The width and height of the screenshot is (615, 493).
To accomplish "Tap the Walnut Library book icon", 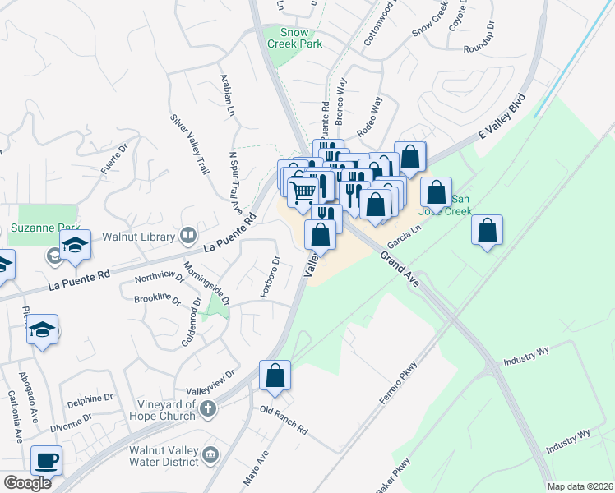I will (188, 237).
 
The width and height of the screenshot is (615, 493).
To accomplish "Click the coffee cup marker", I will (46, 460).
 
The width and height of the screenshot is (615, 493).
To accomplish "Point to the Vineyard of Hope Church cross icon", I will (210, 408).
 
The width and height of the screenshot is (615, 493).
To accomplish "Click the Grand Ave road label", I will (400, 270).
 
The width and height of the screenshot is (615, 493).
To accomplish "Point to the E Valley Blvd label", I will (502, 119).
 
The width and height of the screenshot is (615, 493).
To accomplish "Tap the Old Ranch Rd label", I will (283, 419).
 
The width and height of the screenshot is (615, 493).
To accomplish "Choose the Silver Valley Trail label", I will (189, 143).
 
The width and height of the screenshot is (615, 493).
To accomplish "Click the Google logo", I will (28, 483).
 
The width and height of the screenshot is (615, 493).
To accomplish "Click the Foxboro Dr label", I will (271, 277).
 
